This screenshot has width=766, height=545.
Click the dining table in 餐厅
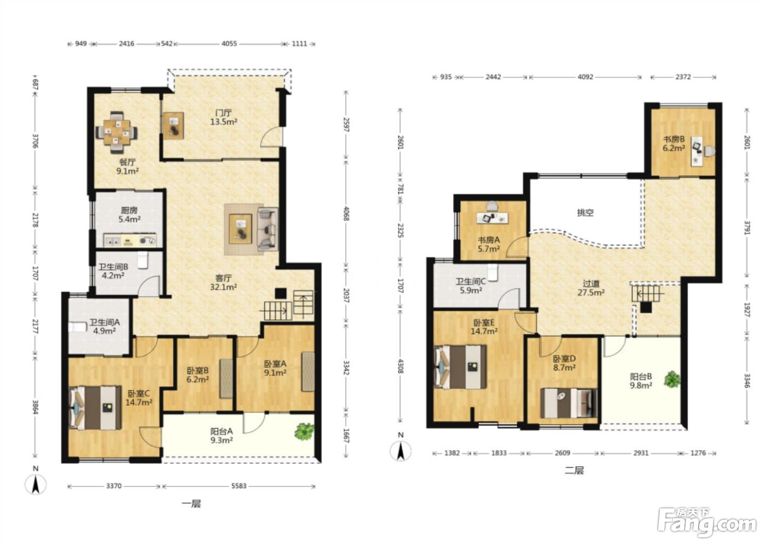(117, 132)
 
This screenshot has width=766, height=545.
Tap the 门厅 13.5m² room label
(224, 117)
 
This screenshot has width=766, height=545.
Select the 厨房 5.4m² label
(129, 214)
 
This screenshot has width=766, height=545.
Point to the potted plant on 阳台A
(304, 431)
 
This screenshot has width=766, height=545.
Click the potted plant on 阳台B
(672, 379)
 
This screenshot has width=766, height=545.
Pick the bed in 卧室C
(95, 408)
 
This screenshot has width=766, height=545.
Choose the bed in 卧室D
(568, 403)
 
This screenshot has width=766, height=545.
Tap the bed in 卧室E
(460, 367)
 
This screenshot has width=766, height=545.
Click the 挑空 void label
(585, 213)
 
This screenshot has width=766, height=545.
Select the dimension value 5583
(239, 486)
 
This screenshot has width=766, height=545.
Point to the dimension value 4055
(229, 44)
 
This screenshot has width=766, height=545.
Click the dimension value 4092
(585, 77)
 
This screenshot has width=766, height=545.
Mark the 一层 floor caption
(191, 504)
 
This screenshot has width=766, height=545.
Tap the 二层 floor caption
(574, 471)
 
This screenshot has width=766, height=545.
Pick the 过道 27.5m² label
(591, 288)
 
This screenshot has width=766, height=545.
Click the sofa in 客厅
(268, 229)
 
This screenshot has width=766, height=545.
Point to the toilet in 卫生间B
(142, 260)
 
